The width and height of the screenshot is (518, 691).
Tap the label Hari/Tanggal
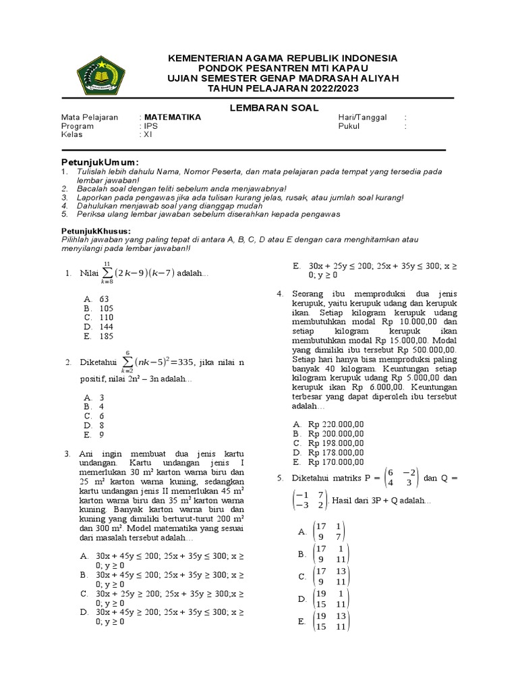362,117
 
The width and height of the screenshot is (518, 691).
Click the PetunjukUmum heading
100,163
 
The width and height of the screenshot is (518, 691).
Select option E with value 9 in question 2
101,435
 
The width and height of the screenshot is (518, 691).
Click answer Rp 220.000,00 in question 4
336,424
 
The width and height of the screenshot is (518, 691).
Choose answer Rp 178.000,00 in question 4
336,452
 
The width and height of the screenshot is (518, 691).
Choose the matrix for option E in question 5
330,621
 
